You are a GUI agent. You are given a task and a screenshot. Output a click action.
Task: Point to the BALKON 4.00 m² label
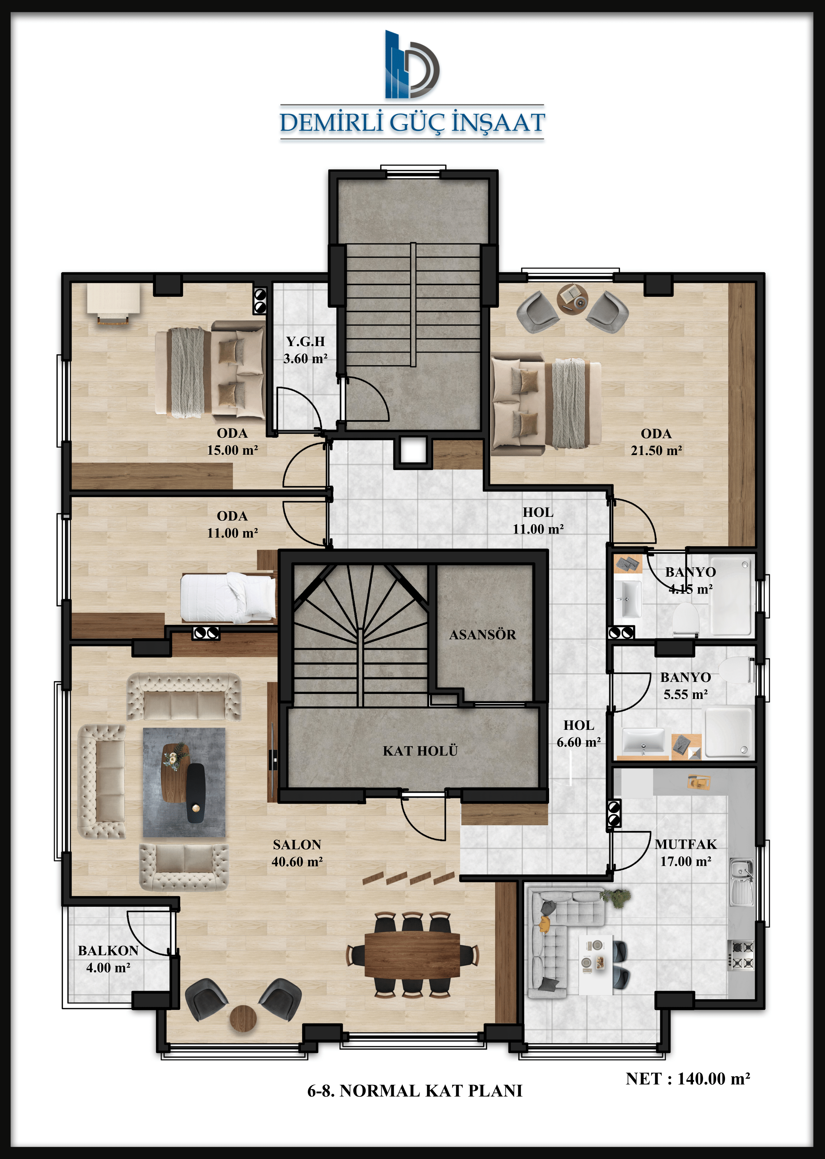point(108,959)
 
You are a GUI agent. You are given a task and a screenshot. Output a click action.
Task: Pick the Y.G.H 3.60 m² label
point(305,350)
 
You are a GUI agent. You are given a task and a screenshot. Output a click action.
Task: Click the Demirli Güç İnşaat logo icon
point(411,64)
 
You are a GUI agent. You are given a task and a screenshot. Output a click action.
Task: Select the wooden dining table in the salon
point(412,955)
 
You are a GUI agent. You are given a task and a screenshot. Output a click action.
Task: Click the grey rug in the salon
point(184,782)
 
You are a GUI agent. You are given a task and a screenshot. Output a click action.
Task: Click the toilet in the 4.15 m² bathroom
point(686,619)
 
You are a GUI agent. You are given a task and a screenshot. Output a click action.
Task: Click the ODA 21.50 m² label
point(656,442)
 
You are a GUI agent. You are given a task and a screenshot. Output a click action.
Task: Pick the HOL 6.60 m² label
point(578,733)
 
